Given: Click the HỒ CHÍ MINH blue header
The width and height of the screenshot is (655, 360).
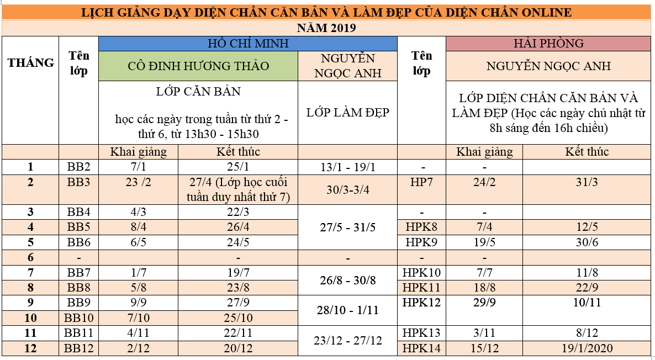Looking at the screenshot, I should [247, 44].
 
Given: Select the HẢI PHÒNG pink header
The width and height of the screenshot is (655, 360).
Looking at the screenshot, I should [548, 44].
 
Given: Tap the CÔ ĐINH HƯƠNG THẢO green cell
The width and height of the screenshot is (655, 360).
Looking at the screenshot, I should [198, 66].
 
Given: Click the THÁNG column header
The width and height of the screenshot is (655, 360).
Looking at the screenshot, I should [31, 62].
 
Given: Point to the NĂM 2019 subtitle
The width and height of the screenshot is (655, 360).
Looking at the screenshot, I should [327, 27].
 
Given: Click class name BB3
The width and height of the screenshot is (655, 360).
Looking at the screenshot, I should [79, 182].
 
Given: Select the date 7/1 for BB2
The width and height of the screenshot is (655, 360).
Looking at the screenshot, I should [138, 167].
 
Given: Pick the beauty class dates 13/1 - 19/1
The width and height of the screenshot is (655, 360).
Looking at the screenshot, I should [348, 167].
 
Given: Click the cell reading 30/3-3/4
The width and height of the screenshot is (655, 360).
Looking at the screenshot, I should [348, 189].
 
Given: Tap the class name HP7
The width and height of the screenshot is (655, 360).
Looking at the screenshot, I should [421, 182].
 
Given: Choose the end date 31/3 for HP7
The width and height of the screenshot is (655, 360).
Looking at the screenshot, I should [587, 182].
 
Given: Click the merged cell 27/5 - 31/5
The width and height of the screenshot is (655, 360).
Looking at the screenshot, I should [348, 227].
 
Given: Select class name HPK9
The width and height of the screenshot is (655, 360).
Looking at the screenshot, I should [421, 242].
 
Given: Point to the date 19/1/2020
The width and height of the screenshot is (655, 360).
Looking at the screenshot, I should [587, 348].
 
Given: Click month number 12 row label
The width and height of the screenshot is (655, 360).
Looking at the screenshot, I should [31, 348].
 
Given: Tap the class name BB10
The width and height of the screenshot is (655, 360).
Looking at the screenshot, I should [79, 317].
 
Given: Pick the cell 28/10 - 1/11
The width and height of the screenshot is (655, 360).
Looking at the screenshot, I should [348, 310].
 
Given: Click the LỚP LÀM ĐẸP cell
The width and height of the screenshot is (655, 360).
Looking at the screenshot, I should [348, 113].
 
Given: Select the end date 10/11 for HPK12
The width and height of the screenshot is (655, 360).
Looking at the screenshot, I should [587, 303].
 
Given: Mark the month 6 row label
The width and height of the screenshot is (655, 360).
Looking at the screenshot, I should [31, 257].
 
